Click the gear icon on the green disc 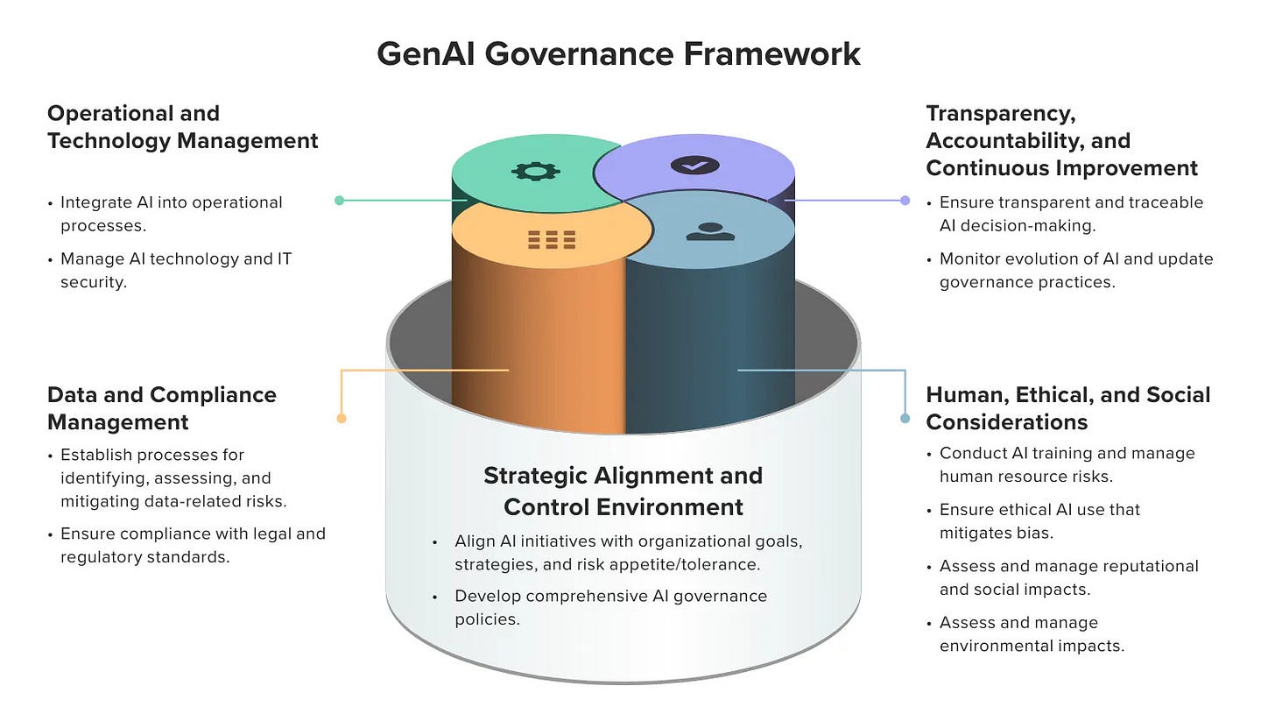coord(535,171)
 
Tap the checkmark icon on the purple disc coord(694,165)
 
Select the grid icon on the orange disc coord(552,239)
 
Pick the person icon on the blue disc coord(710,232)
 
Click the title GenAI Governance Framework coord(618,53)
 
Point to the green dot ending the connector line coord(340,200)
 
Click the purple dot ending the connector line coord(905,200)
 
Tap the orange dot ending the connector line coord(342,418)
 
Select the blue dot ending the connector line coord(905,418)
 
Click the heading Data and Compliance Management coord(162,408)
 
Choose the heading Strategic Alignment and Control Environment coord(623,491)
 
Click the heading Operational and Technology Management coord(182,127)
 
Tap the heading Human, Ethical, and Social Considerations coord(1067,408)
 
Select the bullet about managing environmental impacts coord(1032,634)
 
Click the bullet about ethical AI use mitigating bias coord(1039,521)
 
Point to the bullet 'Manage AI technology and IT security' coord(175,270)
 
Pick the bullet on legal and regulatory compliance coord(192,545)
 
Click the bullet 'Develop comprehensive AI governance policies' coord(610,607)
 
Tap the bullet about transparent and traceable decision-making coord(1071,213)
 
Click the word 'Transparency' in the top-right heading coord(1000,113)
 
